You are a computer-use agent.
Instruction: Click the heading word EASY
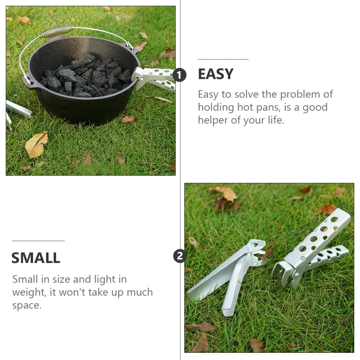point(216,74)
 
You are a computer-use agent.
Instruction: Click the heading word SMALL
point(36,258)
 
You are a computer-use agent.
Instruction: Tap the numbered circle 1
point(179,75)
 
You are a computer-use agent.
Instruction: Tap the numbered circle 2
point(180,256)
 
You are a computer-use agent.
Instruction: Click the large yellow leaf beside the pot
point(36,145)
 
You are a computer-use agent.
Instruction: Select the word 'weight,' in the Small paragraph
point(30,292)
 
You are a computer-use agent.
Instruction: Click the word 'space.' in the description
point(27,306)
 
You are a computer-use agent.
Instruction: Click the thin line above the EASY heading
point(223,59)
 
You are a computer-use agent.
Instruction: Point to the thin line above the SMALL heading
point(39,241)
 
